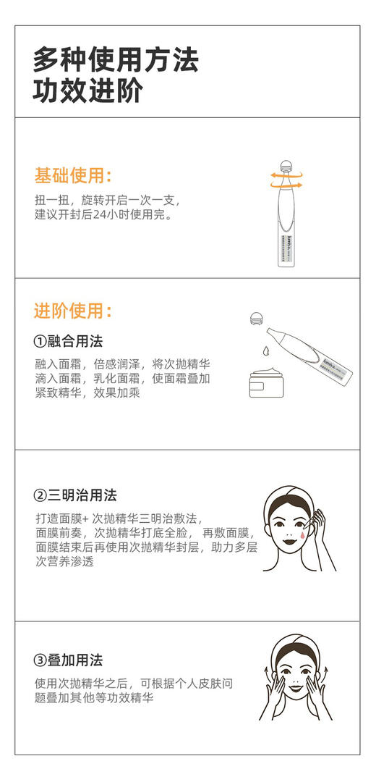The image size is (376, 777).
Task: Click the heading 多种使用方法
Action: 116,60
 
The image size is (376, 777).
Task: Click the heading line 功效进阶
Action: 87,92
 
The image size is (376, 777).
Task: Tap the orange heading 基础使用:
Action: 72,175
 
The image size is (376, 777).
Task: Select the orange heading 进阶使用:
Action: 72,311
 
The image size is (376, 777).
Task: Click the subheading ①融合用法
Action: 69,341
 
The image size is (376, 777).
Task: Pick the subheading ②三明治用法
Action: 75,496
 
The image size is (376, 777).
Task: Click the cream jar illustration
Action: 268,382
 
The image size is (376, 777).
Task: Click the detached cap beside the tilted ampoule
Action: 256,319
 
